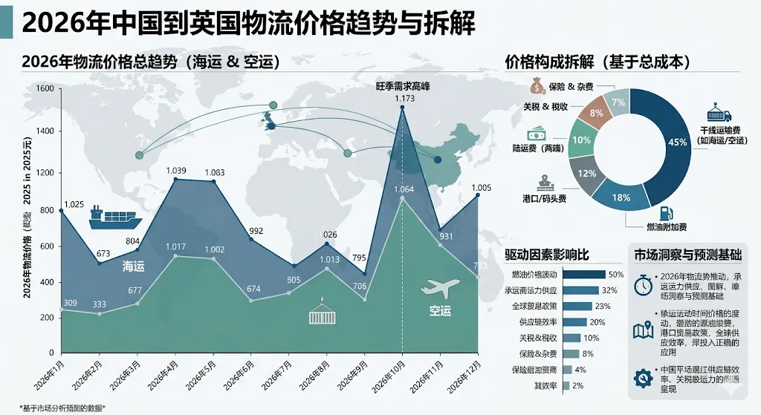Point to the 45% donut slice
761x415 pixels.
(678, 141)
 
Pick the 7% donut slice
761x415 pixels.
(618, 102)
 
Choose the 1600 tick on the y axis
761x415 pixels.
(45, 88)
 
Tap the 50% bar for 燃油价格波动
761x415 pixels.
(584, 274)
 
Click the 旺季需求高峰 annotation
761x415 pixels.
(402, 86)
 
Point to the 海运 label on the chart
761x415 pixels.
(133, 265)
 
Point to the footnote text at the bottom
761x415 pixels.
(62, 407)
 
